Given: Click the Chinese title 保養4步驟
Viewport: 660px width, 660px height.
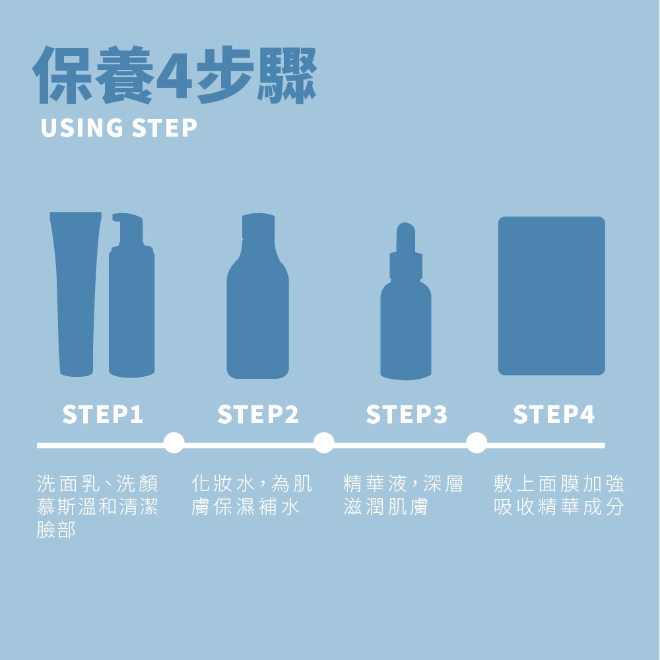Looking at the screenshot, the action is (x=174, y=75).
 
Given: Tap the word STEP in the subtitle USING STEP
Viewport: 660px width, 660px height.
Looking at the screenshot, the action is (x=164, y=128).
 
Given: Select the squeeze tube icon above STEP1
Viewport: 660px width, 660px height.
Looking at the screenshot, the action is (x=76, y=294).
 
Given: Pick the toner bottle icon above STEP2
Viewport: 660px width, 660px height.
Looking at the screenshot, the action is (x=257, y=296).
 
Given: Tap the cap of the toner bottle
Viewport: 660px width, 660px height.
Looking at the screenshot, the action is (x=258, y=227).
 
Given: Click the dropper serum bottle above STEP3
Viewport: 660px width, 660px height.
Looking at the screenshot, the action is (x=406, y=301).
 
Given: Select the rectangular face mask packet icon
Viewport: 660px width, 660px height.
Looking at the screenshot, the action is (x=551, y=296).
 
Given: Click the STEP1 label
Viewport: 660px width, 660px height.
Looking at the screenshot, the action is (x=103, y=414).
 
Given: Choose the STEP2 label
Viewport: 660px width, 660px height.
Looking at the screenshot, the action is (x=258, y=414).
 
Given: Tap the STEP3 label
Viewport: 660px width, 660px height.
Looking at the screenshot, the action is (x=407, y=414).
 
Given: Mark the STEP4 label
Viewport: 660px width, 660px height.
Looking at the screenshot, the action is (x=554, y=414).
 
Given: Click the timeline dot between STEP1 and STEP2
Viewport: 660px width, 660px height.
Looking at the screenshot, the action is (x=174, y=443).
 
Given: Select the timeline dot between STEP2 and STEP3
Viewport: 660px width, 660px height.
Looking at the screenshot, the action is (x=324, y=443).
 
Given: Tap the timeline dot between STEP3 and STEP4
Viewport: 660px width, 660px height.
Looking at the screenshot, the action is (x=477, y=443).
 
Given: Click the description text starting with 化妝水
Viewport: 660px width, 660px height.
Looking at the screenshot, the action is (x=251, y=495).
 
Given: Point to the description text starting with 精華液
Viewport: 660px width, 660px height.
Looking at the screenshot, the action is (x=403, y=495).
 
